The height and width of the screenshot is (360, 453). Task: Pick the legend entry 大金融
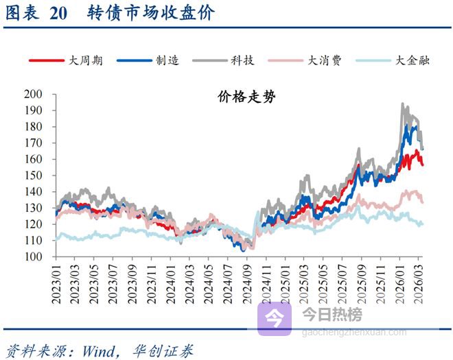click(410, 60)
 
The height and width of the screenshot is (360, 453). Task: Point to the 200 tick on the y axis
click(33, 94)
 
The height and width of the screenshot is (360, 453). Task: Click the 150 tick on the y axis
click(33, 176)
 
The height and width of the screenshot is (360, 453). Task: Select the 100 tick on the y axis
click(33, 257)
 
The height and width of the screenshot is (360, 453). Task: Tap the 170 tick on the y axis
click(33, 143)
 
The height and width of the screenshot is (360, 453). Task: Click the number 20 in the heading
click(59, 14)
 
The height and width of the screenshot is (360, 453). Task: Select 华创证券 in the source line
click(164, 350)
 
